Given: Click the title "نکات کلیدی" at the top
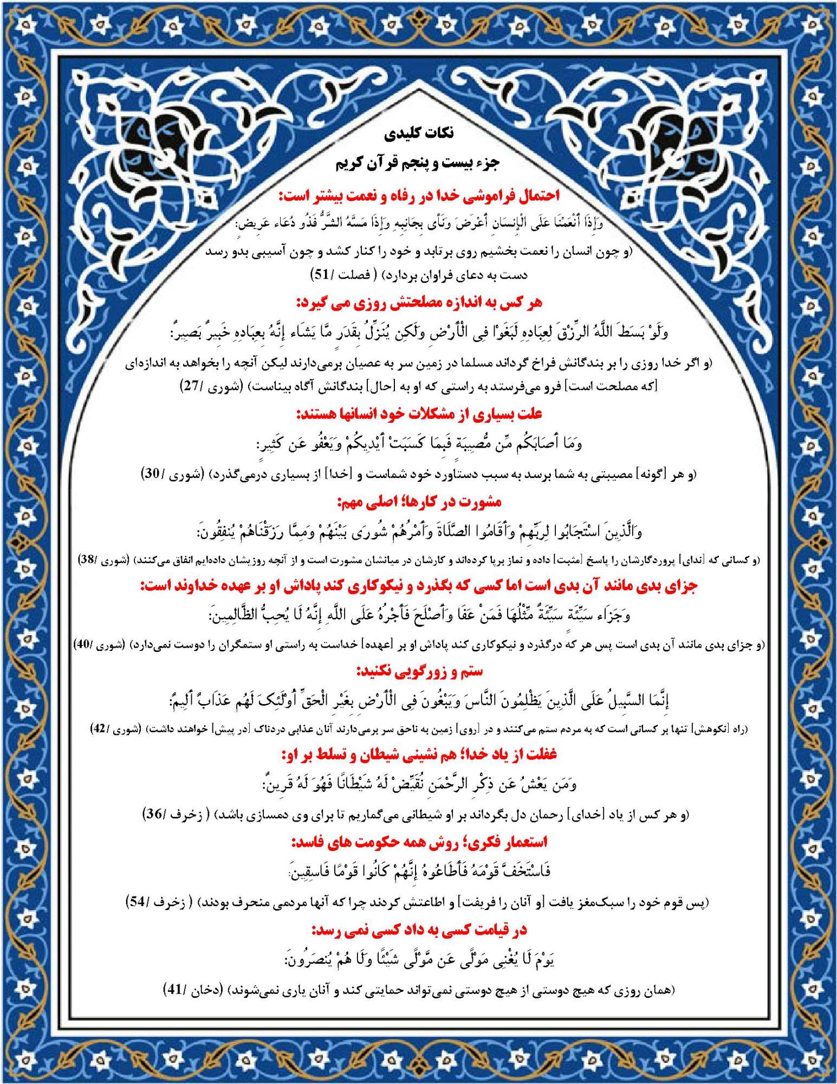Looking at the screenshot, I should click(x=419, y=133).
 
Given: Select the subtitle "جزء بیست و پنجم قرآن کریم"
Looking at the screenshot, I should click(x=418, y=163).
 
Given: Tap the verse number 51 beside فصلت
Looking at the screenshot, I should click(x=321, y=275).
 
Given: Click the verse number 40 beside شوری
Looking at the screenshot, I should click(x=82, y=645).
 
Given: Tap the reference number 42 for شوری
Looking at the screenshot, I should click(x=99, y=730).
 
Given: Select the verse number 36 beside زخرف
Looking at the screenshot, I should click(x=154, y=814).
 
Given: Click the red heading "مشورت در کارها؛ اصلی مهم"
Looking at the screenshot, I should click(x=419, y=502).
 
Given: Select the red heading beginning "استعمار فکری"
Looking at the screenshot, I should click(x=419, y=842).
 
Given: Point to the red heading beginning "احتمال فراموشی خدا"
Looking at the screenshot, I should click(x=419, y=196).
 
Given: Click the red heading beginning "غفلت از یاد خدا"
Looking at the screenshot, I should click(x=419, y=754).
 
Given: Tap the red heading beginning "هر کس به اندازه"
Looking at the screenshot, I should click(x=419, y=302).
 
